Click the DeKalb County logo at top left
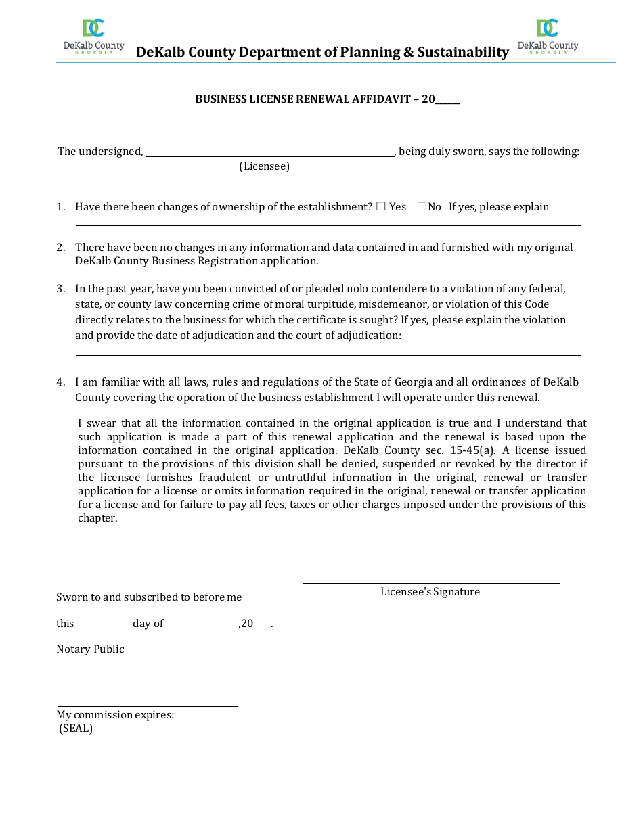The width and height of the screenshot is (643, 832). point(93,37)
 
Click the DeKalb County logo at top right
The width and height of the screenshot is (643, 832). point(548,37)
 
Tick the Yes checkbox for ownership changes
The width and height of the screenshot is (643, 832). point(381,206)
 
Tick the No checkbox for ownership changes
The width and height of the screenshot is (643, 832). point(422,206)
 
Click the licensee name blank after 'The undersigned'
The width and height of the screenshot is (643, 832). point(270,152)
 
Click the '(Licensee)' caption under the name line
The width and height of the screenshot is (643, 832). point(264,166)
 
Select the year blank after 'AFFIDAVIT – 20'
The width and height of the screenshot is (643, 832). point(447,99)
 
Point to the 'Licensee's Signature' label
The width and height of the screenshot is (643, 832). point(430,592)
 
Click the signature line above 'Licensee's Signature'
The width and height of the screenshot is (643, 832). point(431,582)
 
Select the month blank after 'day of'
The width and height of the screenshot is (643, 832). point(202,624)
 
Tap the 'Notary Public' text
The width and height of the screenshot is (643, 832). point(90,649)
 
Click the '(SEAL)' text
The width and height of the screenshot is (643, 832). point(76,729)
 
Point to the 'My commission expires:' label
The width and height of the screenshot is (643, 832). point(115,715)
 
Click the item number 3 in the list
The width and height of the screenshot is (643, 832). point(60,289)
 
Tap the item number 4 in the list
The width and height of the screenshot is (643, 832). point(60,382)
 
